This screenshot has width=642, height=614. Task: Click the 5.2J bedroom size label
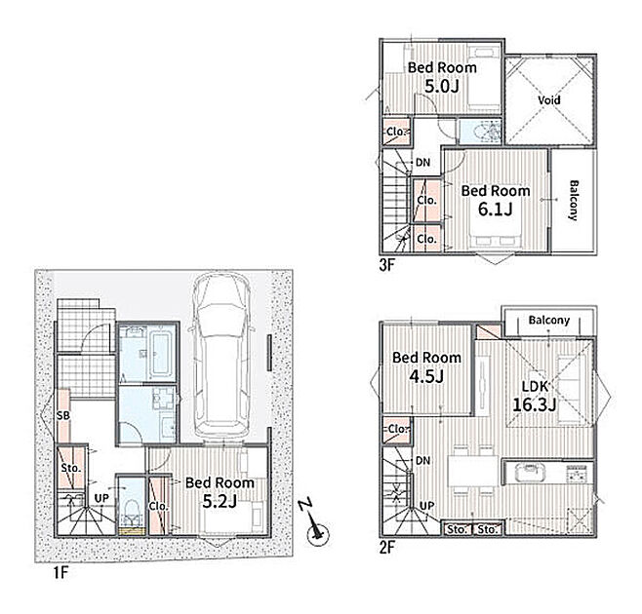tap(220, 501)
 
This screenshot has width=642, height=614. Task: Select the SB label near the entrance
tap(63, 415)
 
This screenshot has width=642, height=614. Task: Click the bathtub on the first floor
tap(160, 354)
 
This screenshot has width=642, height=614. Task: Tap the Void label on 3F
tap(549, 99)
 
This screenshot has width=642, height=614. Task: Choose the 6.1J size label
tap(495, 210)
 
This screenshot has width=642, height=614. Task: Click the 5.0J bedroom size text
tap(441, 87)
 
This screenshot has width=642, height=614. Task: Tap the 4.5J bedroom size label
tap(426, 376)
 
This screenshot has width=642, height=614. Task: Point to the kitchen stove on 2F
tap(579, 474)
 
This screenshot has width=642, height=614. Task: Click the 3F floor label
tap(386, 265)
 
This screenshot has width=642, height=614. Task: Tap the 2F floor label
tap(386, 548)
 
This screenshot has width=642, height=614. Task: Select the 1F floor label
tap(60, 573)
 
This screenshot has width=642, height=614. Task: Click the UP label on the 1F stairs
tap(101, 498)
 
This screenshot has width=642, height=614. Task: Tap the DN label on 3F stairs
tap(422, 163)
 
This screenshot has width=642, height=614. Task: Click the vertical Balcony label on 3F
tap(574, 201)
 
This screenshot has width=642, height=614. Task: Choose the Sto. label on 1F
tap(71, 468)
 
